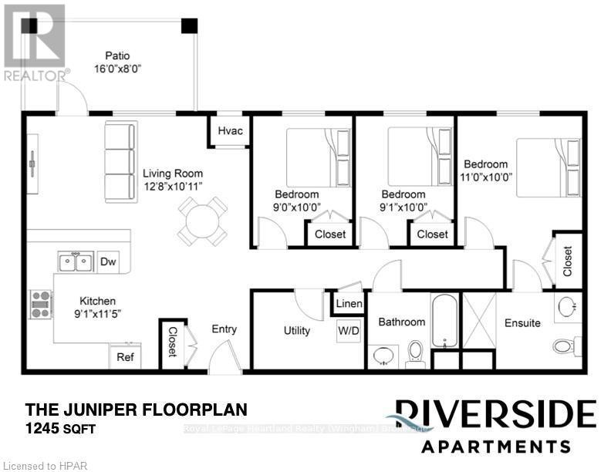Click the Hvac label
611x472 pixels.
tap(231, 131)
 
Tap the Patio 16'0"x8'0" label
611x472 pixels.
tap(117, 62)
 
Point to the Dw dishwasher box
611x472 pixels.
tap(108, 262)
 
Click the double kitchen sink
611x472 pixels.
tap(76, 262)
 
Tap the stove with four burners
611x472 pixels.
tap(41, 303)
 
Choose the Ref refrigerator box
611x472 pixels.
tap(125, 357)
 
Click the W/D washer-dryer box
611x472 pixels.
tap(348, 330)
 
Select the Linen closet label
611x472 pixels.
tap(349, 304)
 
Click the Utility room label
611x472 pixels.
tap(297, 331)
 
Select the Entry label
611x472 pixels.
tap(224, 329)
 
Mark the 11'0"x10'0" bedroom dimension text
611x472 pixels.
tap(487, 176)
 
